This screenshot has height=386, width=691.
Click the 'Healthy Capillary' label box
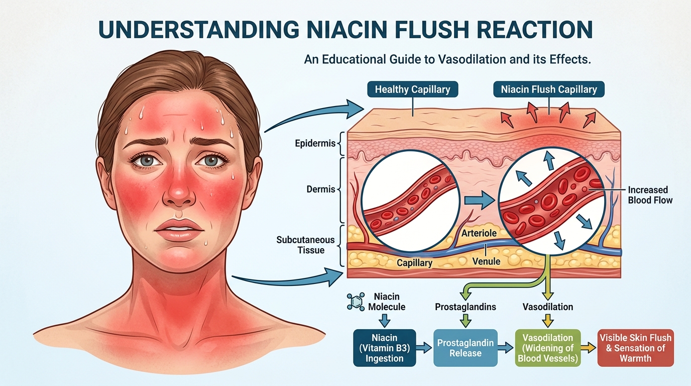[x=413, y=90]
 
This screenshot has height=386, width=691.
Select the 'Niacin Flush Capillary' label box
[x=549, y=90]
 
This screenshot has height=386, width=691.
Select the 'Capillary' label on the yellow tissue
[x=414, y=263]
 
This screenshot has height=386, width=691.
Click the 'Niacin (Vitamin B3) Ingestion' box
[x=385, y=347]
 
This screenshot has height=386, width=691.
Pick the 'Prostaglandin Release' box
[x=466, y=347]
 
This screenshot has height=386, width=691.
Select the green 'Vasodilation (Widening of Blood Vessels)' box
[x=548, y=347]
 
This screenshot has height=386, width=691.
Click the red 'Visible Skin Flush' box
[x=635, y=347]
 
